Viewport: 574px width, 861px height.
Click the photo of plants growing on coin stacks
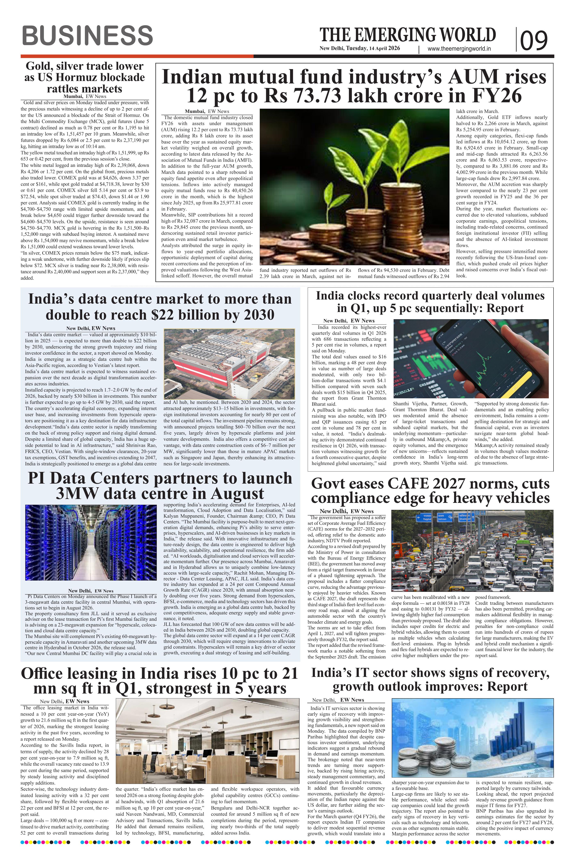[x=354, y=187]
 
